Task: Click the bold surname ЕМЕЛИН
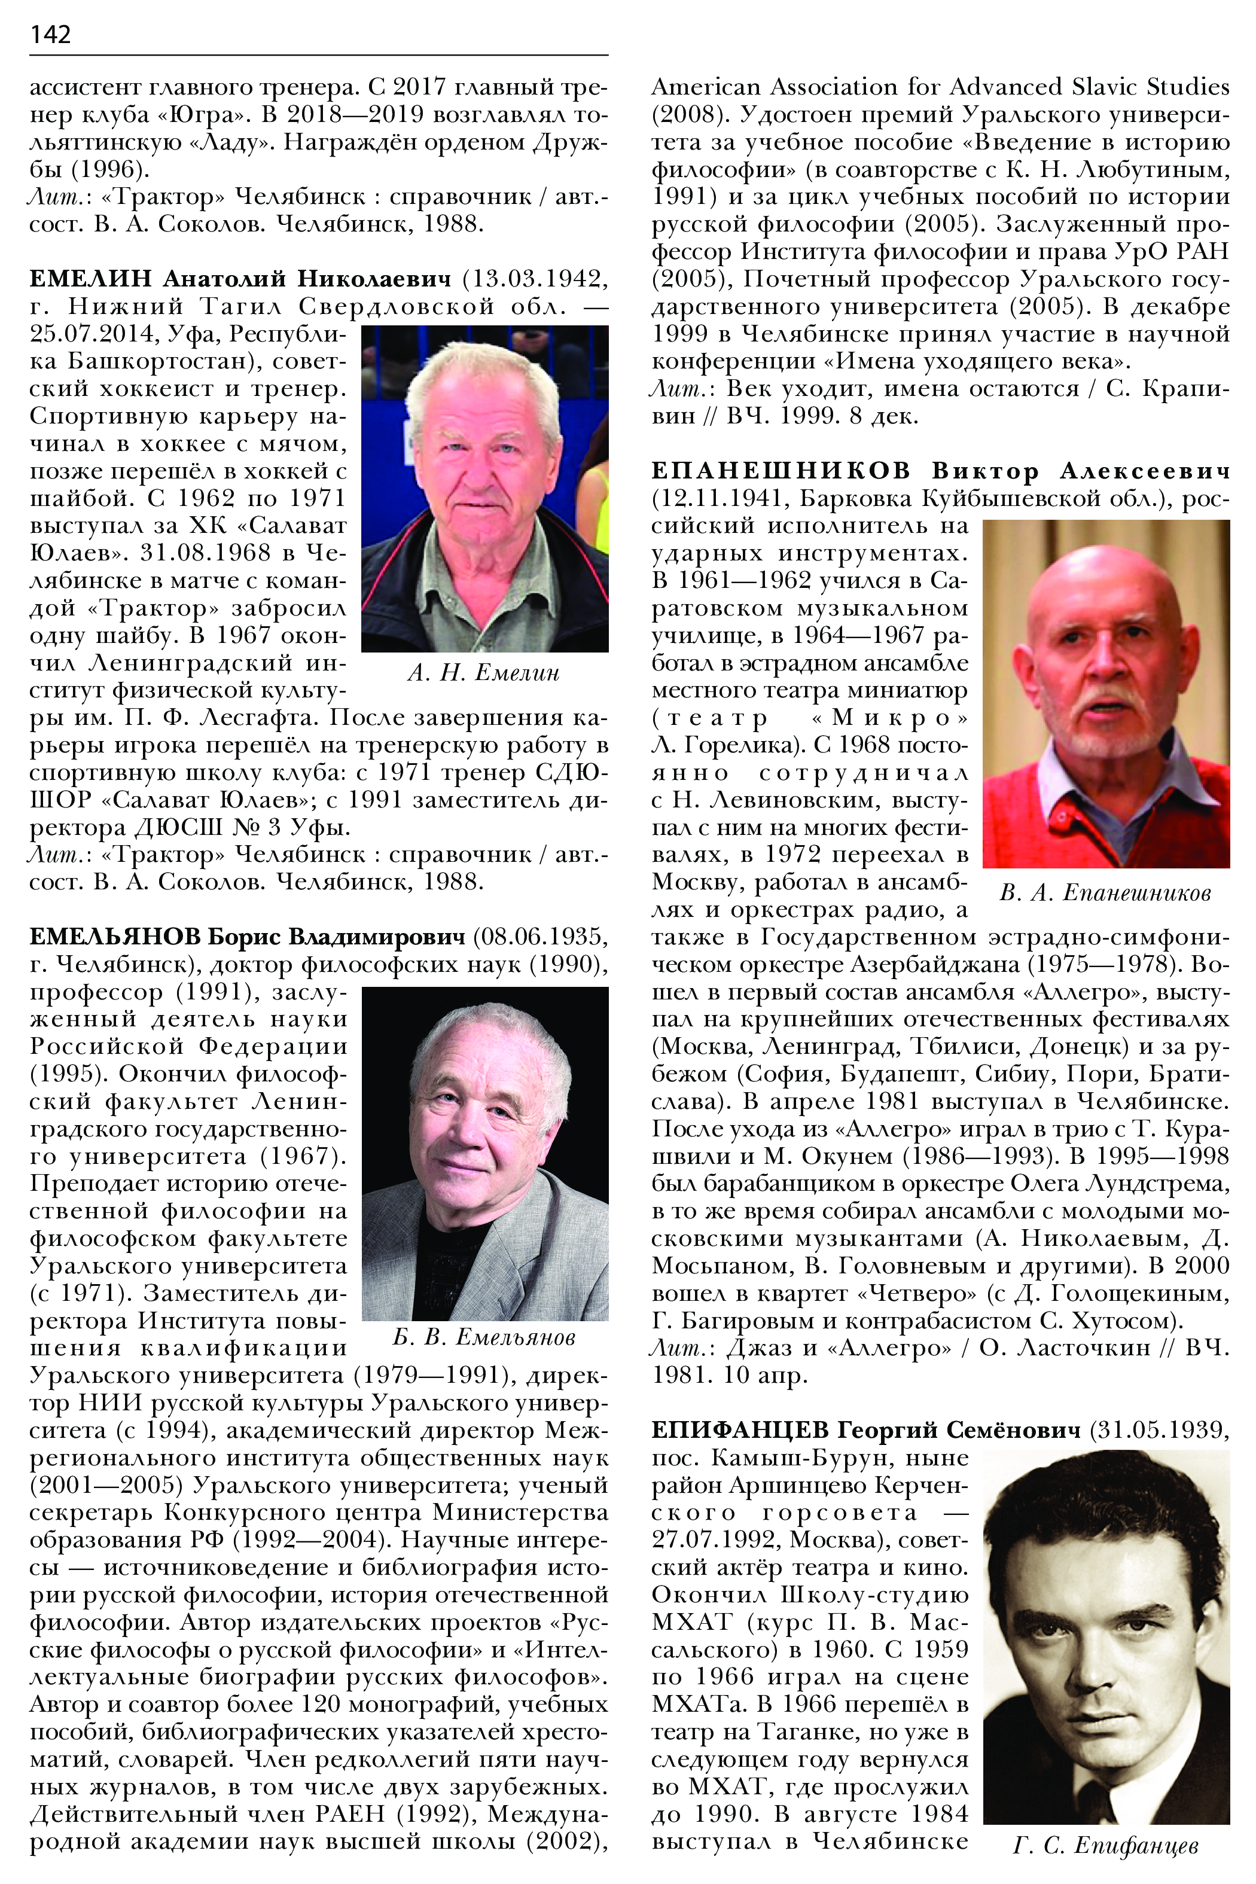point(90,279)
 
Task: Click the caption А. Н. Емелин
point(483,673)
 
